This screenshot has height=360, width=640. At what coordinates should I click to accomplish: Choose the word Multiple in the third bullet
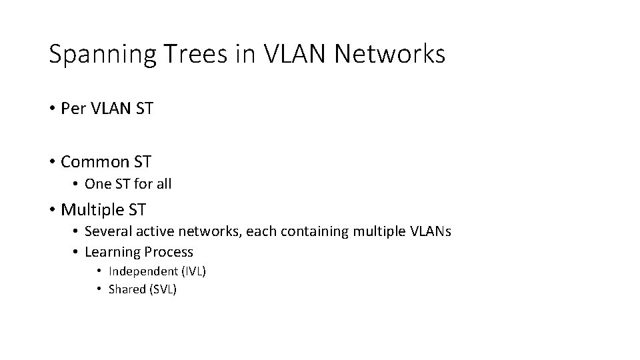coord(92,210)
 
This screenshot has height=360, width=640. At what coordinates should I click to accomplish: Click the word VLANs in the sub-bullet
coord(430,231)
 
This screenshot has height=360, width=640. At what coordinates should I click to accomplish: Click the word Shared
coord(127,289)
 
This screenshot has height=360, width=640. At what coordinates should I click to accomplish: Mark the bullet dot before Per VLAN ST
coord(51,108)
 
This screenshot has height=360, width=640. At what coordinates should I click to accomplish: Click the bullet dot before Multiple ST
coord(51,210)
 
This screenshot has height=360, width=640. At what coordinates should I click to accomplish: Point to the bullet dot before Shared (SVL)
coord(99,289)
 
